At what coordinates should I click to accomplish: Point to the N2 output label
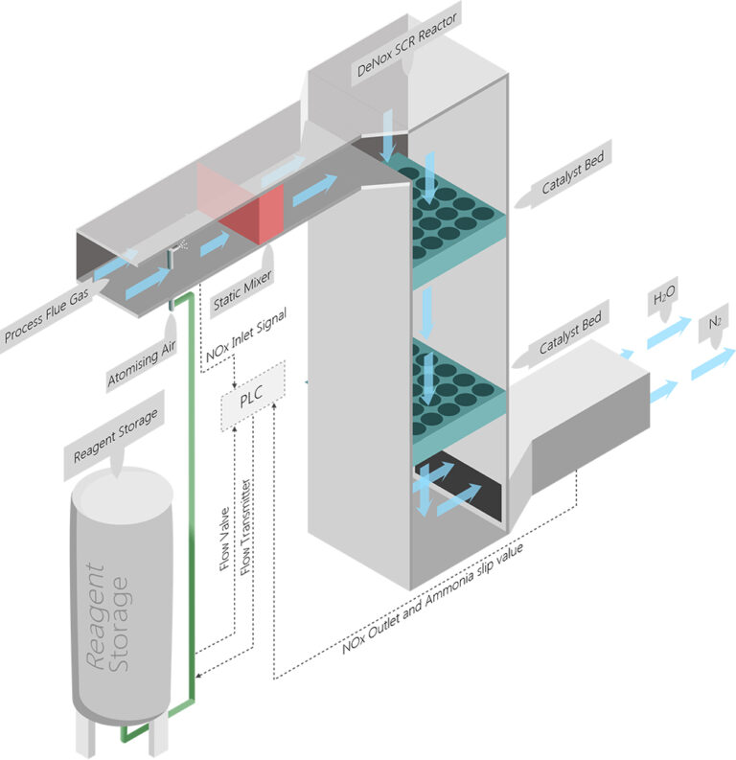(714, 327)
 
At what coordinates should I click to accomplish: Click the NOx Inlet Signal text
(245, 335)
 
